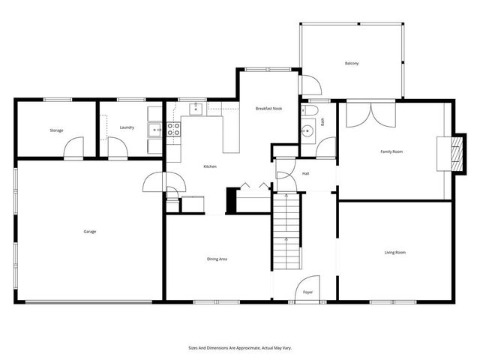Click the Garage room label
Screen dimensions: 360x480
[89, 231]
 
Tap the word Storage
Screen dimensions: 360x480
[56, 130]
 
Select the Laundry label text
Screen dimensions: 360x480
[127, 127]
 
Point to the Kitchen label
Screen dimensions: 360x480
[210, 166]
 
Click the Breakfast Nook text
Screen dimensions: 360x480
[268, 109]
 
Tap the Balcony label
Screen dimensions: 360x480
[352, 63]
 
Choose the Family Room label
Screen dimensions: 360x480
[391, 151]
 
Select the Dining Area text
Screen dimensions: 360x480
[217, 259]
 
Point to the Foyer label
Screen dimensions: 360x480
[307, 291]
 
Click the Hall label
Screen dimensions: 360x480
[306, 174]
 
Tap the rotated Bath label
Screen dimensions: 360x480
[323, 119]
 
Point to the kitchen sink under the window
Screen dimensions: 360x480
[195, 109]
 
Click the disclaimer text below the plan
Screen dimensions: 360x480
[239, 348]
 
